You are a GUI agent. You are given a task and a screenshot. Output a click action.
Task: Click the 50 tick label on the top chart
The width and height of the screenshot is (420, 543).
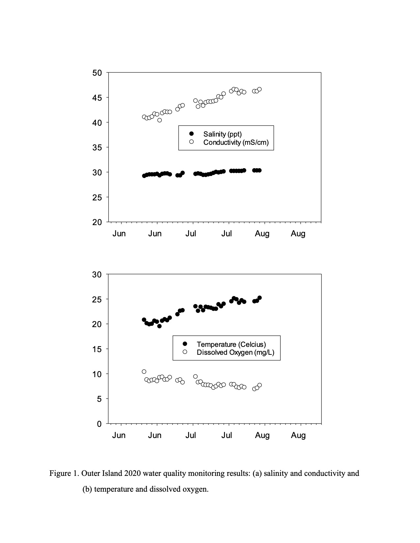97,73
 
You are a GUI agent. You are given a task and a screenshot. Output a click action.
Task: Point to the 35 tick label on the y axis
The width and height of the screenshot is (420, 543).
97,148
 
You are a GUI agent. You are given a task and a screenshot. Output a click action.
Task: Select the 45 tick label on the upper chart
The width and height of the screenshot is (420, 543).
97,98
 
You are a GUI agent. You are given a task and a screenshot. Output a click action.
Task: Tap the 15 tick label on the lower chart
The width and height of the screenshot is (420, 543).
97,349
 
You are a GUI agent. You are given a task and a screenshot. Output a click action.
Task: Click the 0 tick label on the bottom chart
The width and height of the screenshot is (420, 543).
99,424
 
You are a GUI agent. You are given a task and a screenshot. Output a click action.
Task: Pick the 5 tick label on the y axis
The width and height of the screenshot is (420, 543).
99,399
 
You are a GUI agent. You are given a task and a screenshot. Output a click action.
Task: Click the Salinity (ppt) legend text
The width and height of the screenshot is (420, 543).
222,134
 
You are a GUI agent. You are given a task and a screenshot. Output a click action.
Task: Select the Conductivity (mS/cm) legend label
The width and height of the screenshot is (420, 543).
236,142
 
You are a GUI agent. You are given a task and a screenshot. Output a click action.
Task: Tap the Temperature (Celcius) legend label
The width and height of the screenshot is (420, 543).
231,344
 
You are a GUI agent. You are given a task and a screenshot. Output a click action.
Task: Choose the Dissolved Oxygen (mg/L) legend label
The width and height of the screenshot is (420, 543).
236,352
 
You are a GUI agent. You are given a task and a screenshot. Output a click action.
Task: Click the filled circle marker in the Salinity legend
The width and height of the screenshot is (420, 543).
191,134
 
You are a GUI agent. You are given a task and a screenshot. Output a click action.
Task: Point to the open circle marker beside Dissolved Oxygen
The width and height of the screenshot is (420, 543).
185,352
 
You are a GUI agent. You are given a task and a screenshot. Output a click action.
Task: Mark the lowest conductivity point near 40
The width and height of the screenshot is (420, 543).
159,120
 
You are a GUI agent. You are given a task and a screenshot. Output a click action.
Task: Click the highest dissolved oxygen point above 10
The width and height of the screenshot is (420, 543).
144,372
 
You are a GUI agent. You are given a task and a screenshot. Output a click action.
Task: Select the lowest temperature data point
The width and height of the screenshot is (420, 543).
159,326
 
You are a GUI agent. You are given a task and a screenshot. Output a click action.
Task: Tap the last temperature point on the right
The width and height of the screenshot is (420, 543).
260,297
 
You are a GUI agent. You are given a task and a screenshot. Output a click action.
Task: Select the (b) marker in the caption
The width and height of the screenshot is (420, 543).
87,489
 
